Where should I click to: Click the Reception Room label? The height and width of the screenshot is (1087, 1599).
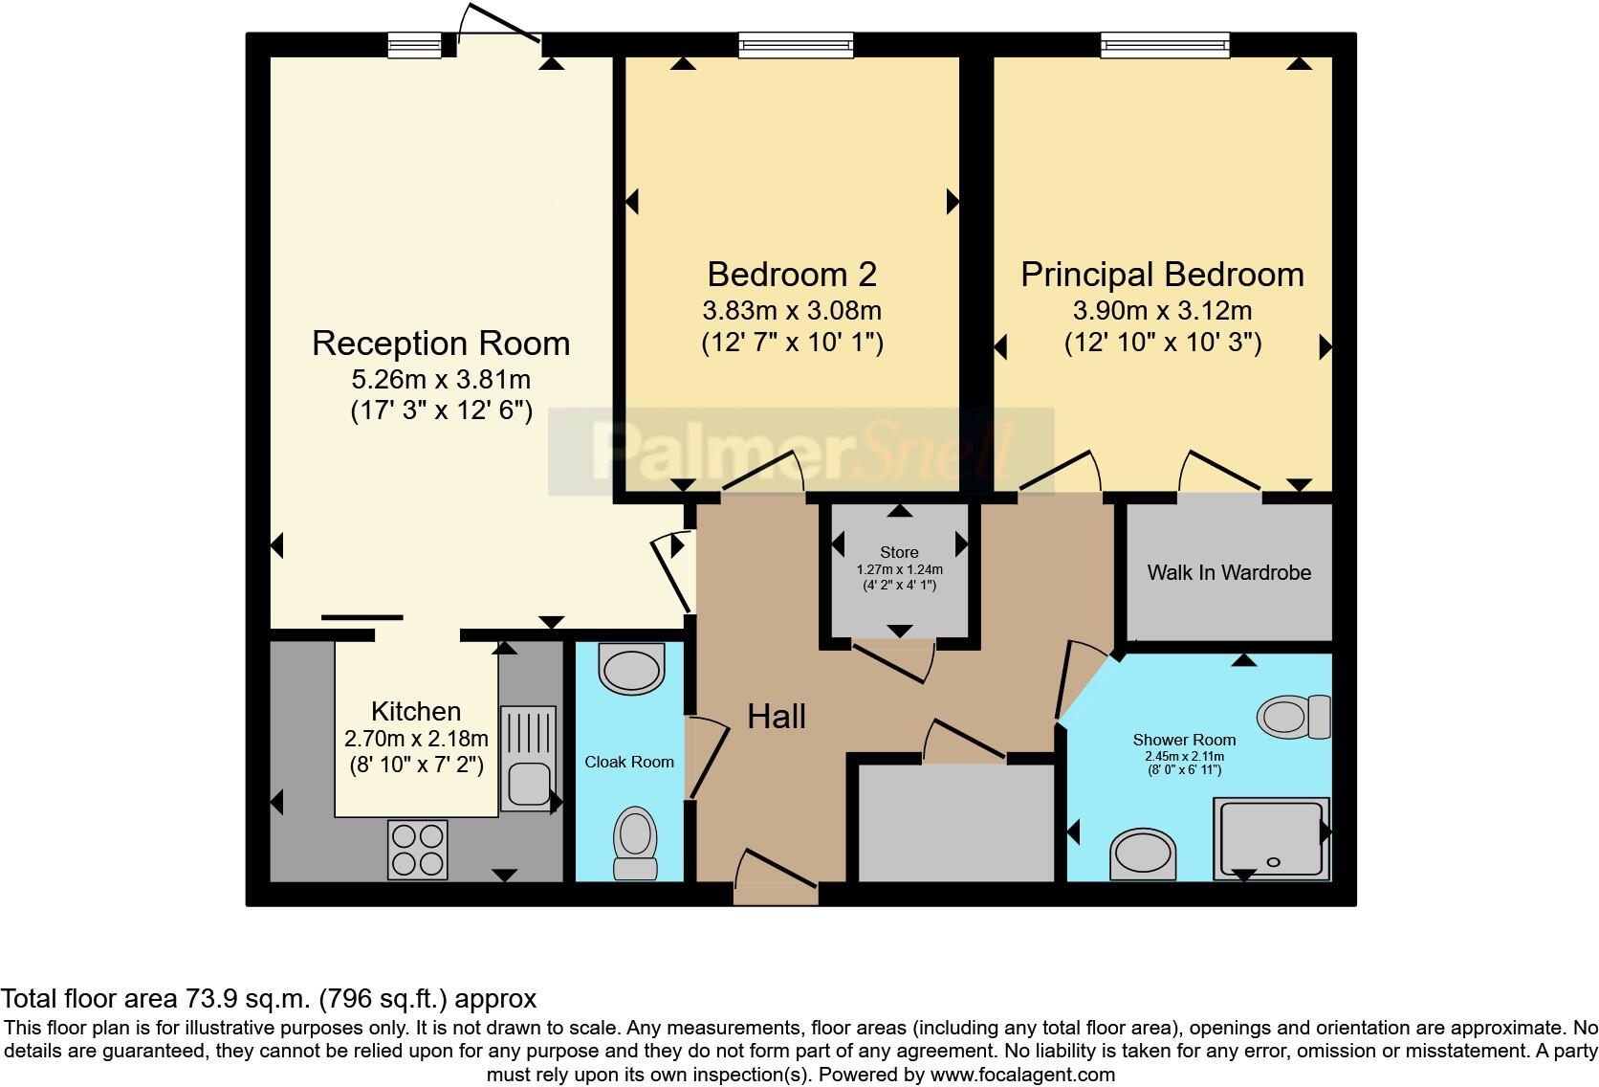441,344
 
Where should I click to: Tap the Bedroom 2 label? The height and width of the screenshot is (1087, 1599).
792,275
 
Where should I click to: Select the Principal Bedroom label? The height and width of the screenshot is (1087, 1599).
1162,275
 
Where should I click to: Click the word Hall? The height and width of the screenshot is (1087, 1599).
776,717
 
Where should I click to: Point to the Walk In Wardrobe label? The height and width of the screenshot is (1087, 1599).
1229,573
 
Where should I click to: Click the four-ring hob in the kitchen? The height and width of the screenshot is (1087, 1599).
418,849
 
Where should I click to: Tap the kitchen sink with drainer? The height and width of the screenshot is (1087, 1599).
528,759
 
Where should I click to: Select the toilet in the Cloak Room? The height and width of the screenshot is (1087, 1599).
635,843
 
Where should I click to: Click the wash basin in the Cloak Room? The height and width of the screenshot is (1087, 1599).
632,669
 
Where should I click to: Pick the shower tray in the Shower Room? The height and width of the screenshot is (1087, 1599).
1271,838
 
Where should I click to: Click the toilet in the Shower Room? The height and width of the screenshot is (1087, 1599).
1294,717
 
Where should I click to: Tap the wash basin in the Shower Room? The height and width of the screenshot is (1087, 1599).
1142,854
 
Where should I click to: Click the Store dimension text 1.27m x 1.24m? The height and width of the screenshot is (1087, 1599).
899,570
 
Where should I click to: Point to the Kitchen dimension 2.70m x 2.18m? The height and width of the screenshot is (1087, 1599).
416,739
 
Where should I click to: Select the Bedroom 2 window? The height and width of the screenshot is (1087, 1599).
796,45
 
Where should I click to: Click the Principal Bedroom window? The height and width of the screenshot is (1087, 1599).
1165,45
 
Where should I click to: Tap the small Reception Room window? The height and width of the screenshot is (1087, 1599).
414,45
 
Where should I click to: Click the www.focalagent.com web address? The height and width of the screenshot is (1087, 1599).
1022,1075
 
